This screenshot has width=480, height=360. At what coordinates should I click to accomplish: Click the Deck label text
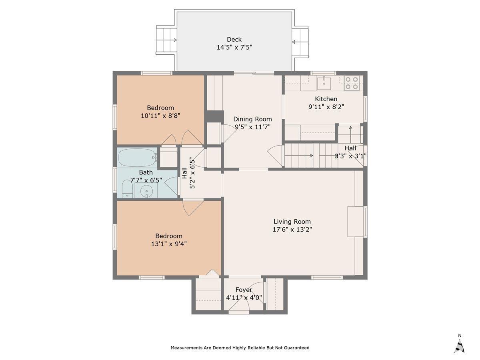click(234, 40)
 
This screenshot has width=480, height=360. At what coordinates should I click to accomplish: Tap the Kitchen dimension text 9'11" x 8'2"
click(326, 107)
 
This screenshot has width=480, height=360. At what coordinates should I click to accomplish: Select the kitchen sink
click(324, 83)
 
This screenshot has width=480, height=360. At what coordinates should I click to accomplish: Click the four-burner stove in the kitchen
click(352, 83)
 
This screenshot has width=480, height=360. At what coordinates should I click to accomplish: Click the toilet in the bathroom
click(127, 189)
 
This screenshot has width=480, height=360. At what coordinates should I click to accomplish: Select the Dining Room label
click(252, 119)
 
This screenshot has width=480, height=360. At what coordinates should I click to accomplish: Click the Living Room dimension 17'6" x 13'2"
click(292, 229)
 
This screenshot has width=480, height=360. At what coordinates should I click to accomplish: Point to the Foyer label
click(244, 290)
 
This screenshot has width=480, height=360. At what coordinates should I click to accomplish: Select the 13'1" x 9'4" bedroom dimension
click(169, 244)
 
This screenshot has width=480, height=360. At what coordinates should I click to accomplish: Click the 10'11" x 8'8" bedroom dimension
click(160, 116)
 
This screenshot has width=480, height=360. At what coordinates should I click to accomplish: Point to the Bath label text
click(146, 172)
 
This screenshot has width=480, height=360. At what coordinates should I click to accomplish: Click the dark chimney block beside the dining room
click(214, 116)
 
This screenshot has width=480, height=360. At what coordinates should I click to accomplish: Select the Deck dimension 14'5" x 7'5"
click(234, 48)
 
